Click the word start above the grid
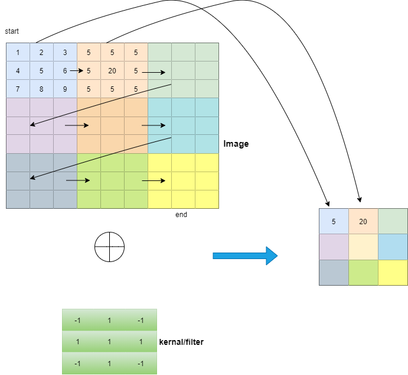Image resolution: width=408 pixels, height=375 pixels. [12, 31]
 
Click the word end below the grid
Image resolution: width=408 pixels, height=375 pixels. [181, 215]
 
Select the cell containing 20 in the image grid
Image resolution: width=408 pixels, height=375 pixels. [112, 71]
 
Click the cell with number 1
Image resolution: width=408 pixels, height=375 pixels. [18, 53]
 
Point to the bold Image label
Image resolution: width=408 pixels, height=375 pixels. [236, 144]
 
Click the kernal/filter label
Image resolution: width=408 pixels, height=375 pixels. [181, 342]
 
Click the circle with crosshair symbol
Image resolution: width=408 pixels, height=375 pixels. [110, 246]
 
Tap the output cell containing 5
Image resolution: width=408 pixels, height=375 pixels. [334, 221]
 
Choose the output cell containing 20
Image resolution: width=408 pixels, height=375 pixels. [363, 221]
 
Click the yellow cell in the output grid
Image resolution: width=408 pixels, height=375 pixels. [393, 273]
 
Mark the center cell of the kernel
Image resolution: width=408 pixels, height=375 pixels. [109, 342]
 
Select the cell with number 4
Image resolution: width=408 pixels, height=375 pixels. [18, 71]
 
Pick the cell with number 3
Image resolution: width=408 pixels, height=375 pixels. [65, 53]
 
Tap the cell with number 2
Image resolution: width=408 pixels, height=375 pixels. [41, 53]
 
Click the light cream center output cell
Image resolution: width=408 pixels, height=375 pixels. [363, 247]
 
